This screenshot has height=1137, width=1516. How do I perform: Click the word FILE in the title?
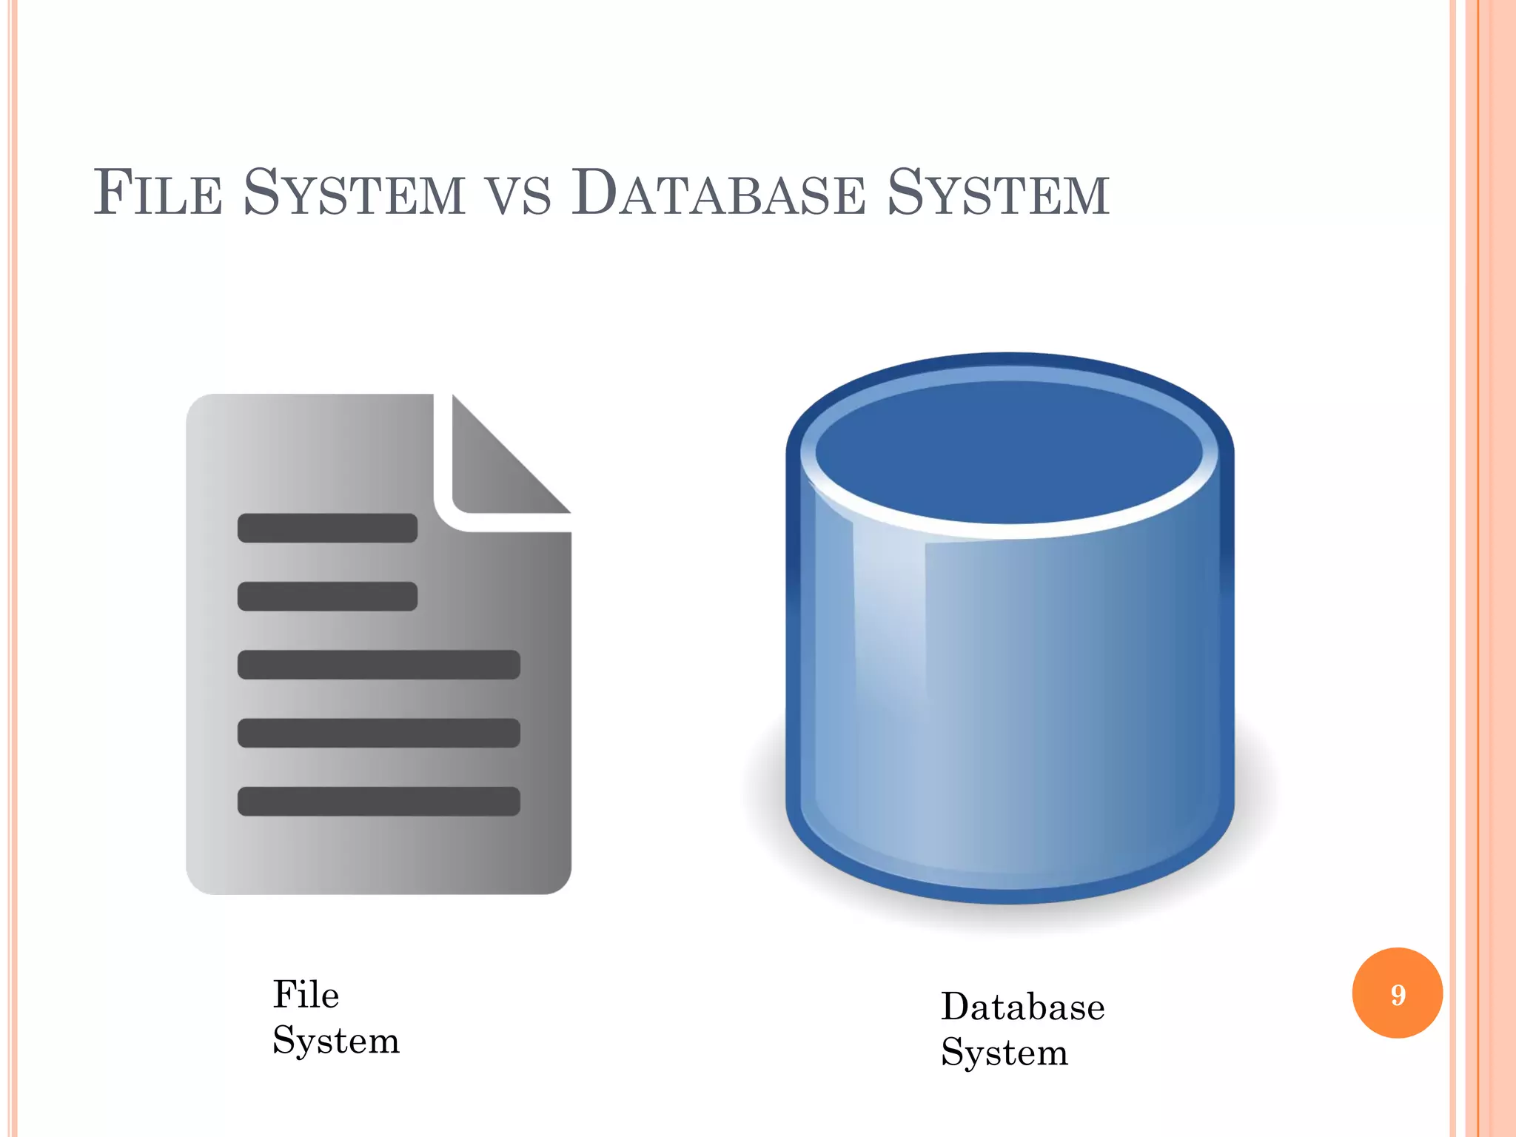158,193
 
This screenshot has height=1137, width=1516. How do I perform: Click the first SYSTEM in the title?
355,193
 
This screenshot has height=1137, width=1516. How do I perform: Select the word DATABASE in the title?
718,193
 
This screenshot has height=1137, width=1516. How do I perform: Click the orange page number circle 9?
1397,993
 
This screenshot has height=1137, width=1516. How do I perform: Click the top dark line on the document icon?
327,528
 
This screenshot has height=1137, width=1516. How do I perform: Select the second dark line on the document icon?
327,596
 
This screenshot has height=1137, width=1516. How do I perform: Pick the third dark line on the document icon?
378,664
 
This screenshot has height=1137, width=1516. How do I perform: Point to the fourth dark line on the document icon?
378,733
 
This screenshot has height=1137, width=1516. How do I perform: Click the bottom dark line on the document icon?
378,801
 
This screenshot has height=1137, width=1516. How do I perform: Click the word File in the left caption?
306,994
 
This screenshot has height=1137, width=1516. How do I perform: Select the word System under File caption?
336,1041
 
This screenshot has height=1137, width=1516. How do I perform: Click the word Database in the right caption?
1022,1007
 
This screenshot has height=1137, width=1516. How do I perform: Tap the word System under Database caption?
1004,1053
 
